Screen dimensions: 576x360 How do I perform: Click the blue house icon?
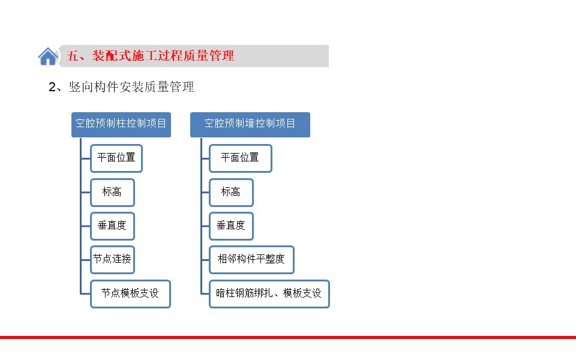point(48,56)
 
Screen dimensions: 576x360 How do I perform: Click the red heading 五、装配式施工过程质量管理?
point(150,56)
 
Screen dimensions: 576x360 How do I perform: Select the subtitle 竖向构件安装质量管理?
point(131,87)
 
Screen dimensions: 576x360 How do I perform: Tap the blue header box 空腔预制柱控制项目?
point(121,125)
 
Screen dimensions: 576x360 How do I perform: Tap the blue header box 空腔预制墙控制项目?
point(250,125)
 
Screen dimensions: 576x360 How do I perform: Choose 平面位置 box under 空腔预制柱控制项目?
point(116,158)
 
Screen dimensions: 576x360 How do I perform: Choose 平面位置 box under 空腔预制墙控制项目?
point(241,158)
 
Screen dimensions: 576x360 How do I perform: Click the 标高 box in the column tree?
point(112,193)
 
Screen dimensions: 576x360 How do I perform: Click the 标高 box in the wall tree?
point(231,193)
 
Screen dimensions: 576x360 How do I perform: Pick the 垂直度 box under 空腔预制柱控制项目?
point(112,226)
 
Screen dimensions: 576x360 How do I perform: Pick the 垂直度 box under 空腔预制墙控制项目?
point(231,226)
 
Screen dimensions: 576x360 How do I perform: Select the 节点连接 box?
point(112,260)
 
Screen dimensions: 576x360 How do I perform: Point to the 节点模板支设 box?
point(130,294)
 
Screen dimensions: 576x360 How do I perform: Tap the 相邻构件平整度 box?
point(251,260)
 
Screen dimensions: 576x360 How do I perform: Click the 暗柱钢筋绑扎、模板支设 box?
point(269,294)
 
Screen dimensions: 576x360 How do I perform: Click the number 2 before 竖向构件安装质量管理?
point(52,87)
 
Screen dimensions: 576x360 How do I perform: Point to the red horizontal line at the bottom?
point(288,337)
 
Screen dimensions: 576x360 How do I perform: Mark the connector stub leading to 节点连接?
point(86,260)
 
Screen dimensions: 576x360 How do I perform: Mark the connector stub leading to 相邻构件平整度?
point(205,260)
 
